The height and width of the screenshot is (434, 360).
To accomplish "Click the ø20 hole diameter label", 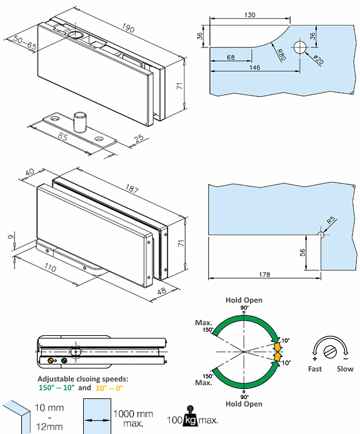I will [317, 61].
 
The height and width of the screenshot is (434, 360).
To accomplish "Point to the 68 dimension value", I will [231, 58].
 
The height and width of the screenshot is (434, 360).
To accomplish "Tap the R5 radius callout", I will [331, 220].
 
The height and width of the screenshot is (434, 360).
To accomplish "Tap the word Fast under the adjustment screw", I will [315, 369].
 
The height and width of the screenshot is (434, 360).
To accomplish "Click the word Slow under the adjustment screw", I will [345, 369].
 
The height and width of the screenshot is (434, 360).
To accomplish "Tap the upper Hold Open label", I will [244, 300].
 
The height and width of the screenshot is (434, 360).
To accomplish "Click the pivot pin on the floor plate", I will [79, 121].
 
